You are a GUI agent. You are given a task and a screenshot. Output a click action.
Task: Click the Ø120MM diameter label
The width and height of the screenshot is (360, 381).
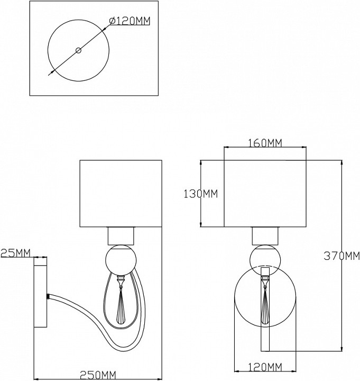point(130,21)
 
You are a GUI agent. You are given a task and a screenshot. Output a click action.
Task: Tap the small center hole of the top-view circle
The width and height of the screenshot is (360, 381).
point(78,51)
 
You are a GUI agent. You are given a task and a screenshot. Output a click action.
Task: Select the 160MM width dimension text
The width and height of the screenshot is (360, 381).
point(265,143)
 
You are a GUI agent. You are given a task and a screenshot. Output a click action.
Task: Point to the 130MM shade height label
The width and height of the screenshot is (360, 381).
point(200,194)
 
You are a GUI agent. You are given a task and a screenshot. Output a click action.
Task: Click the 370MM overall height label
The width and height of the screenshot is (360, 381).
point(342,256)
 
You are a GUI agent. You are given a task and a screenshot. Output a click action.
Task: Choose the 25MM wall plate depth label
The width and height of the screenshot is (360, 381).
point(15,253)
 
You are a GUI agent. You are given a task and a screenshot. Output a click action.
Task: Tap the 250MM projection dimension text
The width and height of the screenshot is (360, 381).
point(98,375)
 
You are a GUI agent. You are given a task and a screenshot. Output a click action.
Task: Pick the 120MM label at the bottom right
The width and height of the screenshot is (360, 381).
point(265,367)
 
